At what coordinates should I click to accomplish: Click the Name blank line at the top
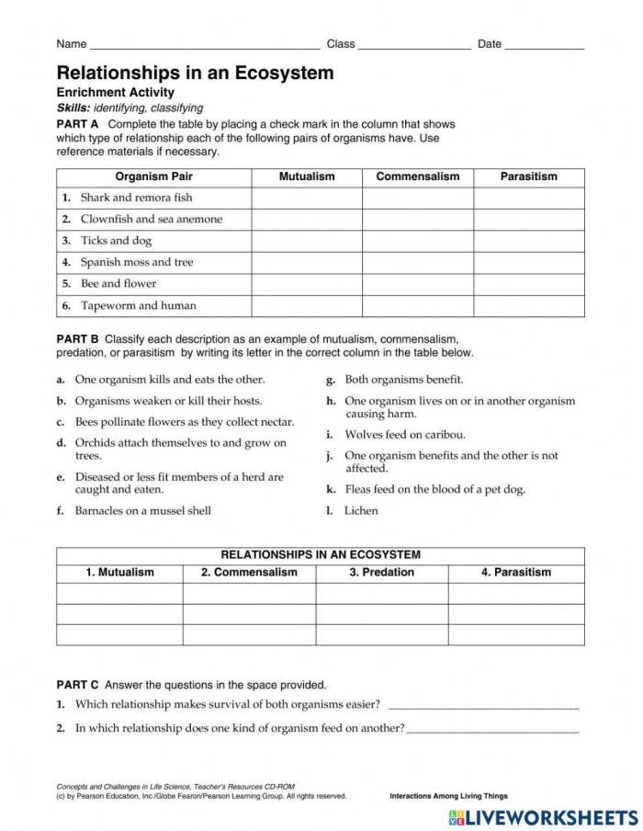tap(204, 44)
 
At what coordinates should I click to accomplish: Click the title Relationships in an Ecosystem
tap(195, 73)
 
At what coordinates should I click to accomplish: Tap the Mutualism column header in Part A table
tap(307, 176)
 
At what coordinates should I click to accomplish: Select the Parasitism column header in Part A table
tap(528, 176)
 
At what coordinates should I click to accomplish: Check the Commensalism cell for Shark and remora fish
tap(417, 198)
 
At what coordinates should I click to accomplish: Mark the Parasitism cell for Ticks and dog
tap(528, 241)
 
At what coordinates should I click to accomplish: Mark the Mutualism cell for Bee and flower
tap(307, 284)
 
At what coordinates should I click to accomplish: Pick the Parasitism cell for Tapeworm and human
tap(528, 306)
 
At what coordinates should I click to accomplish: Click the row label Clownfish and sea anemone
tap(151, 220)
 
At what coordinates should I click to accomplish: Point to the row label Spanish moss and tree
tap(137, 263)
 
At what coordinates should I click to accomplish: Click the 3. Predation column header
tap(381, 573)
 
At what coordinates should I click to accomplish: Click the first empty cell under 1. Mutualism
tap(119, 593)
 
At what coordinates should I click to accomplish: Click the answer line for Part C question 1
tap(484, 706)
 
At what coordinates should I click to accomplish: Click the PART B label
tap(78, 339)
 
